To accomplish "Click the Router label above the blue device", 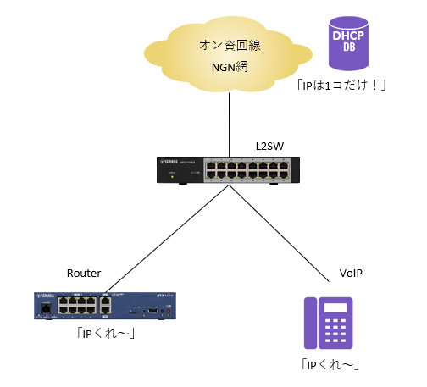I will coord(84,273).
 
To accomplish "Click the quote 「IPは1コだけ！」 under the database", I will coord(341,86).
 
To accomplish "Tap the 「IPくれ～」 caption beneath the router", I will coord(106,332).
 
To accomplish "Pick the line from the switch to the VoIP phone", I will coord(280,233).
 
